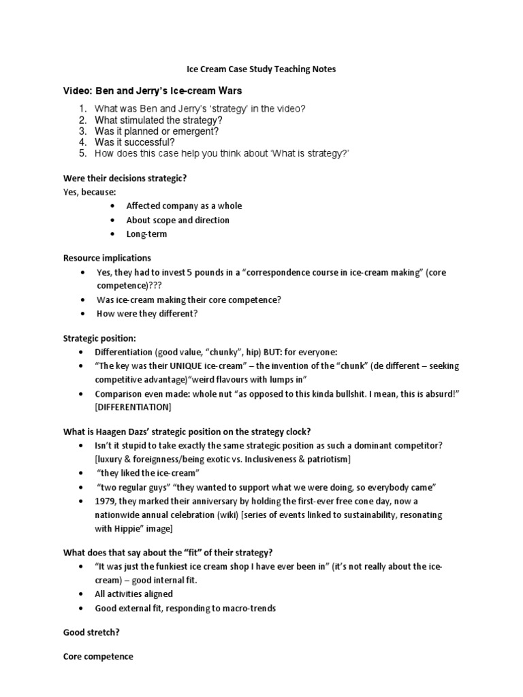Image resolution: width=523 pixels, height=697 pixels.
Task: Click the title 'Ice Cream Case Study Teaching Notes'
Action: pyautogui.click(x=261, y=69)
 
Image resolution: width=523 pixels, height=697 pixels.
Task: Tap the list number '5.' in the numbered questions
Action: pyautogui.click(x=82, y=153)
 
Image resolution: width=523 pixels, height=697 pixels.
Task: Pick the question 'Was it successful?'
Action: pyautogui.click(x=135, y=142)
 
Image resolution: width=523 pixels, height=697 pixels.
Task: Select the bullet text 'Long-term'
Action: pyautogui.click(x=146, y=234)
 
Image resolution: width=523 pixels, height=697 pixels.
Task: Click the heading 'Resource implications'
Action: pyautogui.click(x=107, y=258)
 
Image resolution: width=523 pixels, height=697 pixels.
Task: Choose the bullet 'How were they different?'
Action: pyautogui.click(x=147, y=314)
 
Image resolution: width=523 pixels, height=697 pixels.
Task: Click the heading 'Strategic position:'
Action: pyautogui.click(x=99, y=338)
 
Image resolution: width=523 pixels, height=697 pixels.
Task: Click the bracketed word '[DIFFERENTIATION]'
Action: pyautogui.click(x=133, y=407)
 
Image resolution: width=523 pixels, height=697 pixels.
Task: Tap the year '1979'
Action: pyautogui.click(x=106, y=502)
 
